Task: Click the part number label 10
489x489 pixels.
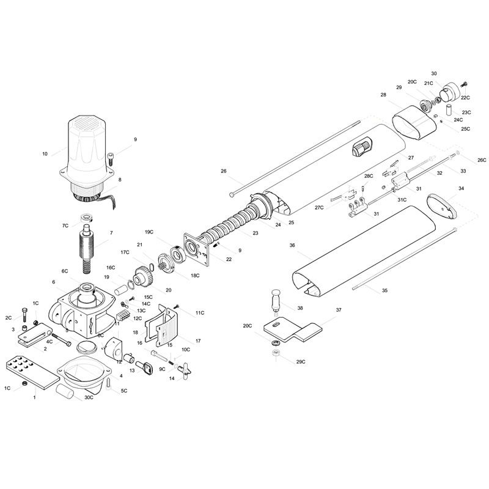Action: tap(45, 154)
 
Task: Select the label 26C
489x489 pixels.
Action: tap(482, 160)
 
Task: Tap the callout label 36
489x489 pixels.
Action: tap(292, 246)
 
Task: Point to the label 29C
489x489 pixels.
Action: tap(301, 362)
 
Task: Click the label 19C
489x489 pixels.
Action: tap(149, 232)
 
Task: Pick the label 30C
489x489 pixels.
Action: tap(89, 397)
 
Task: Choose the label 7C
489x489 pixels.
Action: tap(65, 226)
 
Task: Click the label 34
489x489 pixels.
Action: tap(461, 188)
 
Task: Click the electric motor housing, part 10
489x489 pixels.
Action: tap(87, 153)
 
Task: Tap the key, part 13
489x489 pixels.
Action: tap(144, 367)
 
